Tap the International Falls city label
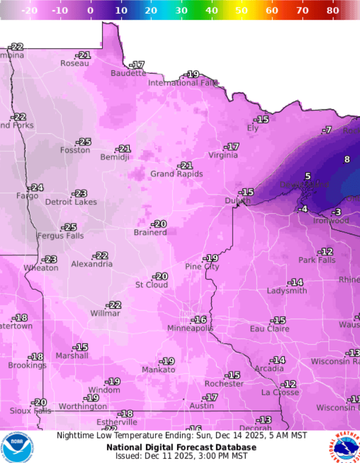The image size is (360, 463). point(183,83)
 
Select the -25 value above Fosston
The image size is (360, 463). point(84,142)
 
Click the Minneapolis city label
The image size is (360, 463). point(190,328)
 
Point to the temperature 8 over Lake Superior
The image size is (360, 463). point(347,159)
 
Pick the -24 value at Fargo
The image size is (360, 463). point(37,187)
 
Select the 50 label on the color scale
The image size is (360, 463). point(241,10)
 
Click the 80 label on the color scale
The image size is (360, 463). point(333,10)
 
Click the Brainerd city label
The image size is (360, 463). point(150,233)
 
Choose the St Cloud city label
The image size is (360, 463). point(151,285)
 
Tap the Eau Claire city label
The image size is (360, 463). point(269,329)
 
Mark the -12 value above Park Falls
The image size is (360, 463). point(326,251)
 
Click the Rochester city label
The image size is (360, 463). point(224,384)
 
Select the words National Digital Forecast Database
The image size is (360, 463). point(181,447)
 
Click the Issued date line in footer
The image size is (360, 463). point(181,456)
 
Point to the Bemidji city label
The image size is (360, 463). point(115,157)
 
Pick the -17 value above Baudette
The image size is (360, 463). point(137,65)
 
